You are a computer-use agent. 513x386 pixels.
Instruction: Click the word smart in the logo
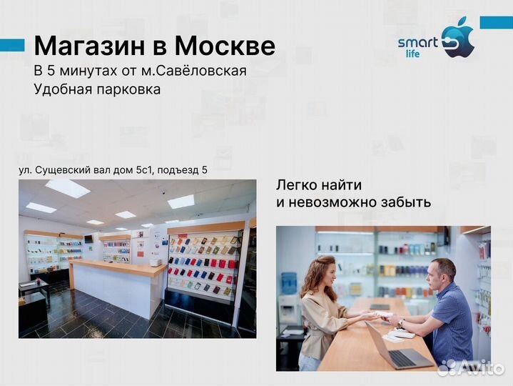(417, 43)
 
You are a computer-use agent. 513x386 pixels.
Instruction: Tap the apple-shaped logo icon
(459, 39)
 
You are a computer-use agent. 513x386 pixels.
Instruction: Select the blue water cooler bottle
(289, 284)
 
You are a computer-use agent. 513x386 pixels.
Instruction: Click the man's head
(442, 271)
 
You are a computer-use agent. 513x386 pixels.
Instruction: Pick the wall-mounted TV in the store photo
(88, 238)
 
